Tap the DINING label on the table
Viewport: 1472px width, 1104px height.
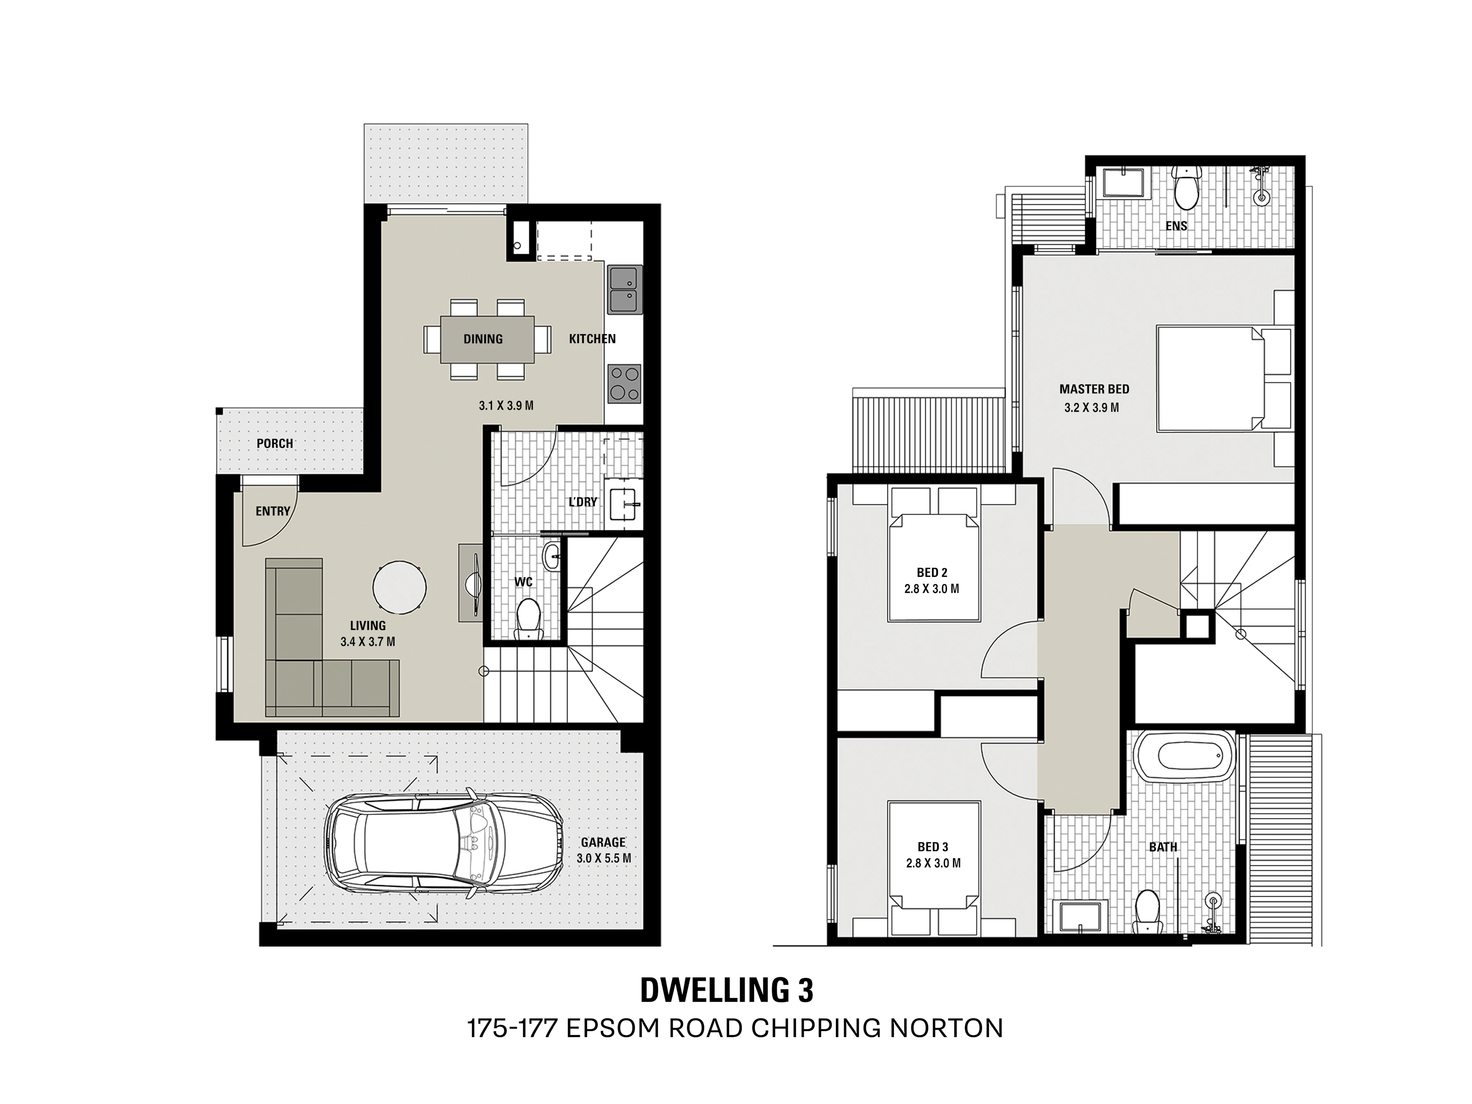point(483,339)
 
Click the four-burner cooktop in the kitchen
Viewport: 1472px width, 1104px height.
point(624,384)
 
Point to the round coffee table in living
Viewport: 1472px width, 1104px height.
point(399,587)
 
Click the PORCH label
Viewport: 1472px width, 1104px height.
point(275,443)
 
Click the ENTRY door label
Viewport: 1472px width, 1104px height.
point(273,511)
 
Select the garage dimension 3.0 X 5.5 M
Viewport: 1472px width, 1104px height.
point(603,858)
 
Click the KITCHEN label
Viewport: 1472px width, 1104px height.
point(592,339)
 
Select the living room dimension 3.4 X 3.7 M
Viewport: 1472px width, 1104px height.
point(368,642)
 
